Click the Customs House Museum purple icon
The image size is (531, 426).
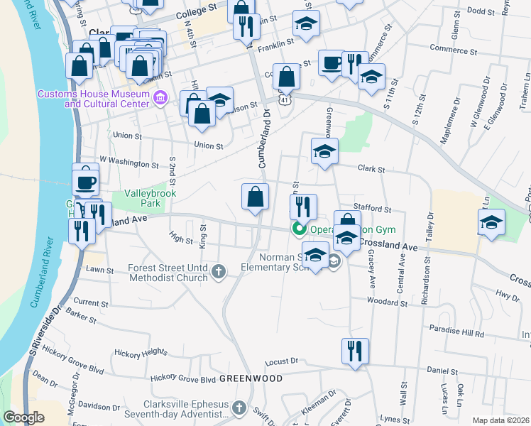[x=160, y=97]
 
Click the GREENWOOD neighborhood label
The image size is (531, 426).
[x=250, y=378]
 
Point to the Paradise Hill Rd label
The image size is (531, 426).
[x=456, y=332]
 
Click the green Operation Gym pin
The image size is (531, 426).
[x=299, y=229]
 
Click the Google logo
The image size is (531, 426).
[x=24, y=417]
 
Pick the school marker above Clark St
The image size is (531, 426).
[x=324, y=151]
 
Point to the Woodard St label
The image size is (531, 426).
[x=387, y=302]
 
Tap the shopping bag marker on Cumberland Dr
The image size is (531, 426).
[x=255, y=197]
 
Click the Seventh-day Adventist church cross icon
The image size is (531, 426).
[x=239, y=408]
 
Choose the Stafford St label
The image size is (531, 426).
[x=377, y=209]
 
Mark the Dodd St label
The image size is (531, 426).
[x=481, y=11]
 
